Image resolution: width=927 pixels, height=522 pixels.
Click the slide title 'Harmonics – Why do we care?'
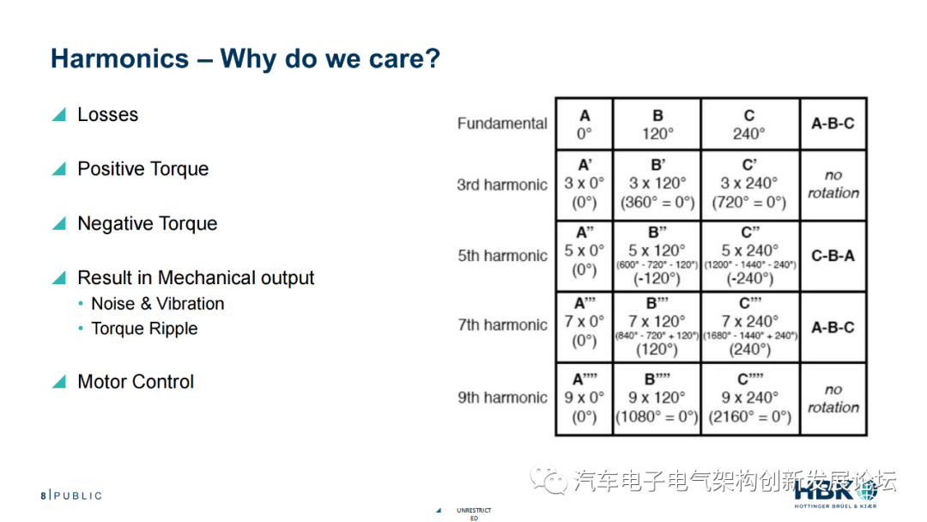(245, 59)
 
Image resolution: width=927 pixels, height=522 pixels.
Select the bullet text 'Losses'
(107, 115)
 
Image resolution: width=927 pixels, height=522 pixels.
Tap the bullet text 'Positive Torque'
(142, 169)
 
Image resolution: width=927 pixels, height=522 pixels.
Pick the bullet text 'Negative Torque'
(147, 224)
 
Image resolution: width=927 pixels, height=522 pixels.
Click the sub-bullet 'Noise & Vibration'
(157, 304)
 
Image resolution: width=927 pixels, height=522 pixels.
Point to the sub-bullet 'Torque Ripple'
(144, 329)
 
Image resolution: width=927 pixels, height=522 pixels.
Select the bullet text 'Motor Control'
(136, 382)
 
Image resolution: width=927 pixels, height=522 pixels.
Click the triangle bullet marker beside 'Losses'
(58, 115)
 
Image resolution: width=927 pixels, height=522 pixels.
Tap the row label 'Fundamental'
(502, 124)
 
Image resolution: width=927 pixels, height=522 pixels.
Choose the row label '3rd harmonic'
(502, 185)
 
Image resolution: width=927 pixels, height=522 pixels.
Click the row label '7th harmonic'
(502, 325)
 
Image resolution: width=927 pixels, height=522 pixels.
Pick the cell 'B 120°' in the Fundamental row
(657, 124)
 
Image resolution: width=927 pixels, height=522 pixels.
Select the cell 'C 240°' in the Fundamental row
(749, 124)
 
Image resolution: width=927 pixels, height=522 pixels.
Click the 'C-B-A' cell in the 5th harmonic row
(833, 256)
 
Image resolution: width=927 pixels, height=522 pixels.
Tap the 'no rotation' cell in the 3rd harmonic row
(833, 185)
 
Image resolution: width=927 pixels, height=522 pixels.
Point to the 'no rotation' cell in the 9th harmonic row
(833, 398)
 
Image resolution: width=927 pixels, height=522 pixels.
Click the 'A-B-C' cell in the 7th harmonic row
(833, 327)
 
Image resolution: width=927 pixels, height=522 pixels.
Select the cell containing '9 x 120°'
(657, 398)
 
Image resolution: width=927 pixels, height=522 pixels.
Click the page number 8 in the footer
(43, 495)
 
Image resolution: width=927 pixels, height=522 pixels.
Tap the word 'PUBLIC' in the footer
(77, 495)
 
